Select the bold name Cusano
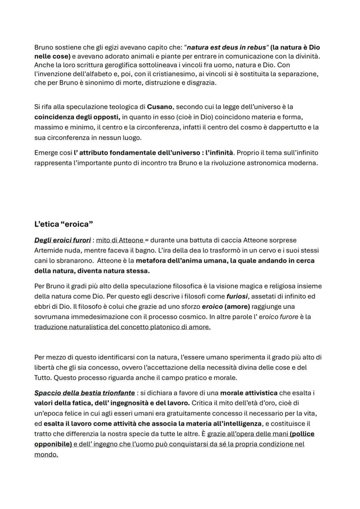159,106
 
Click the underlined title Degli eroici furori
63,240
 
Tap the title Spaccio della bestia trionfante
84,393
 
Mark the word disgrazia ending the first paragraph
200,83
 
